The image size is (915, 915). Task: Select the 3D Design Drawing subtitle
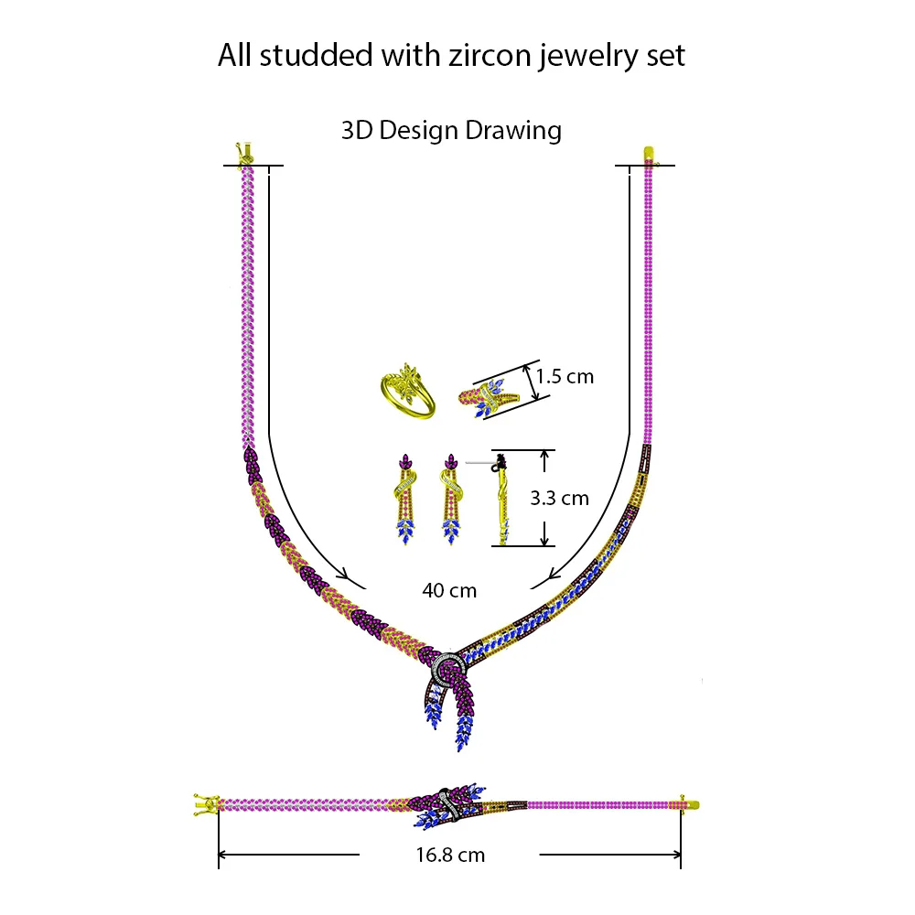point(451,130)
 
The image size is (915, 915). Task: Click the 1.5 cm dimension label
point(565,376)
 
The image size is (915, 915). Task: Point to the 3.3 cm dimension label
point(560,499)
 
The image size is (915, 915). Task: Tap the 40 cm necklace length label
point(449,591)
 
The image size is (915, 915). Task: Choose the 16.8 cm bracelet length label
point(448,856)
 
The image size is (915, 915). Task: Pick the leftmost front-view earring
point(405,499)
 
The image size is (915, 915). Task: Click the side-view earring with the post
point(501,499)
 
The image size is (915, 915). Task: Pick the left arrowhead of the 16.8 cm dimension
point(222,856)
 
